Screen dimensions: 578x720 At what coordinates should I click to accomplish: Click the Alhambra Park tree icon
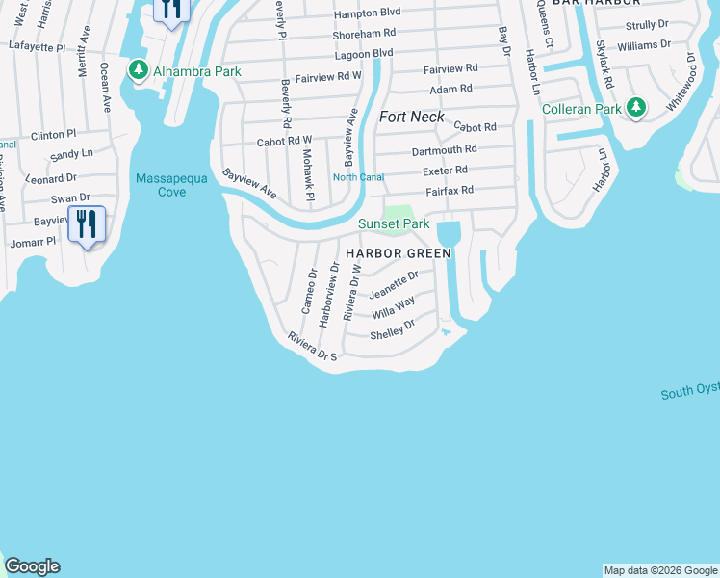pyautogui.click(x=139, y=70)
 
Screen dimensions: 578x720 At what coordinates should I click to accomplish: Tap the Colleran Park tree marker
pyautogui.click(x=635, y=108)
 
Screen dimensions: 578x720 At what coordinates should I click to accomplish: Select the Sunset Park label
pyautogui.click(x=394, y=223)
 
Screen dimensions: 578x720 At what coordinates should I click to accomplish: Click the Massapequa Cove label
pyautogui.click(x=161, y=185)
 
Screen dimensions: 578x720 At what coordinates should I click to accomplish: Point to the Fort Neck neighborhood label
pyautogui.click(x=412, y=117)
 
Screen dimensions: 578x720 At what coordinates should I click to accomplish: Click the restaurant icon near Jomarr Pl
pyautogui.click(x=87, y=223)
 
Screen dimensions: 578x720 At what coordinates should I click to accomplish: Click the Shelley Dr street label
pyautogui.click(x=393, y=329)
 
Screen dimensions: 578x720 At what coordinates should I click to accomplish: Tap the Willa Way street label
pyautogui.click(x=393, y=307)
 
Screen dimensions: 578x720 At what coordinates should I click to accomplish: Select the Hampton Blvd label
pyautogui.click(x=367, y=14)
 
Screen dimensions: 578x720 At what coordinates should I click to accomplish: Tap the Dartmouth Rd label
pyautogui.click(x=444, y=149)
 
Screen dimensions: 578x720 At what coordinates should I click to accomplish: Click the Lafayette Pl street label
pyautogui.click(x=36, y=45)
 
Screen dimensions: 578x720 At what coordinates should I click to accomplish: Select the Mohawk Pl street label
pyautogui.click(x=308, y=169)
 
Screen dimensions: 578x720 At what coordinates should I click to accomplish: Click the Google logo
pyautogui.click(x=32, y=566)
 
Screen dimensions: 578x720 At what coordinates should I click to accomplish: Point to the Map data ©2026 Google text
pyautogui.click(x=660, y=570)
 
